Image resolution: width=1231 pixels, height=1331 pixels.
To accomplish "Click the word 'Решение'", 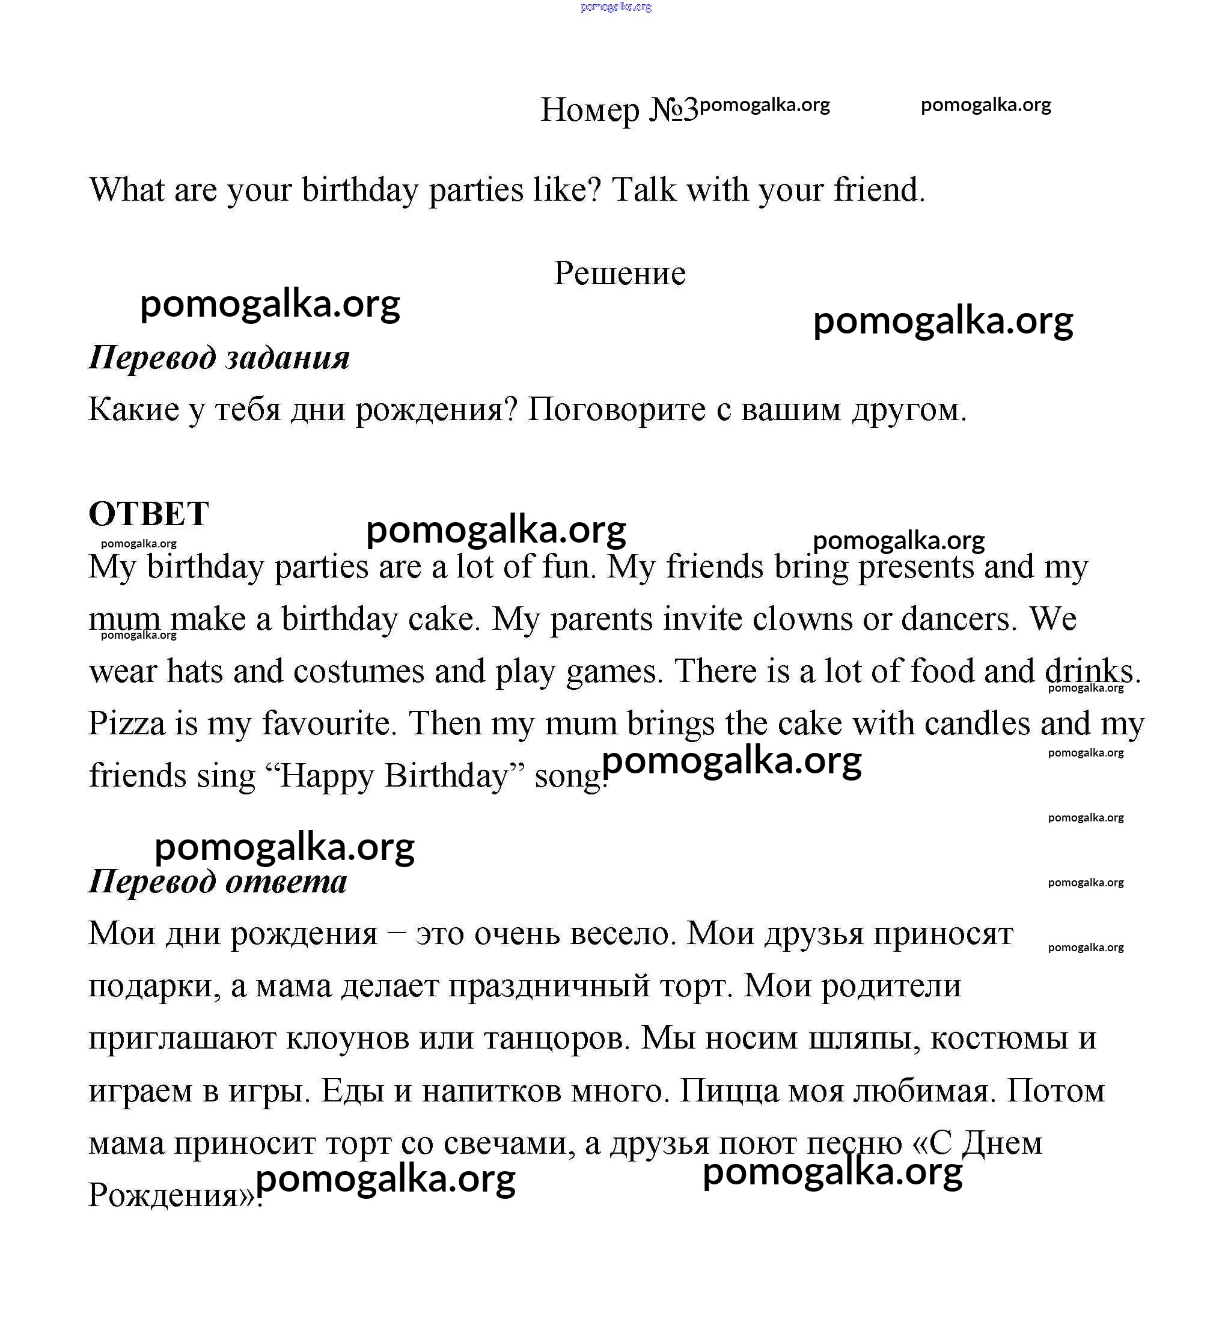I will click(x=620, y=273).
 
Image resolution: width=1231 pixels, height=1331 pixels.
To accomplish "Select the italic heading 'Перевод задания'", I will click(x=219, y=358).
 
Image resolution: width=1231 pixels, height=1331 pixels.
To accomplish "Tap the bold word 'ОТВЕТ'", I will click(x=148, y=513).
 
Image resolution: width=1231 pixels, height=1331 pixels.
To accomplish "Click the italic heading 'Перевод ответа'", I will click(x=218, y=882).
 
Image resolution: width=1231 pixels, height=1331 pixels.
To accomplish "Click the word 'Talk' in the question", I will click(x=644, y=190).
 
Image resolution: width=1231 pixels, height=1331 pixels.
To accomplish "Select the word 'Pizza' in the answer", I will click(x=127, y=723).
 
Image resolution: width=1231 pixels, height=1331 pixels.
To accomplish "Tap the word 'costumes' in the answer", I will click(x=359, y=671).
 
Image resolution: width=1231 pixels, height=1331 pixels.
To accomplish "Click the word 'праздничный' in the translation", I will click(x=548, y=985).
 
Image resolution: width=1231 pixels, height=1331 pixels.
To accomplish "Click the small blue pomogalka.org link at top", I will click(x=615, y=7).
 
